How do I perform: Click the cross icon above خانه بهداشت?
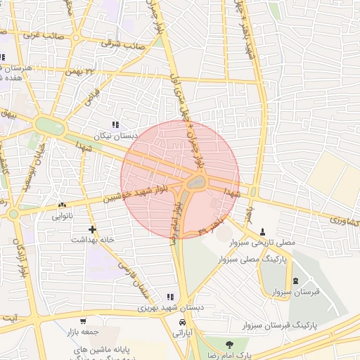pos(92,229)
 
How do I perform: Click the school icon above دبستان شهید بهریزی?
pos(169,297)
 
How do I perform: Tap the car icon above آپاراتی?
pos(183,321)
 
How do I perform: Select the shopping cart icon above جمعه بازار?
pos(84,321)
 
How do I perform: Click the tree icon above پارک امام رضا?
pos(229,344)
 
